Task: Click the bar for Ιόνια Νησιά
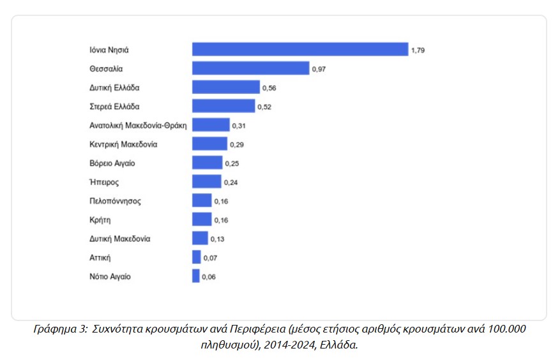299,49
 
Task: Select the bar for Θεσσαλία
250,68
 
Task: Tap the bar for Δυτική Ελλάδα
226,87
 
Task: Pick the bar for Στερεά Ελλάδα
223,106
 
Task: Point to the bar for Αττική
197,257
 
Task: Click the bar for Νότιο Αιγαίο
196,276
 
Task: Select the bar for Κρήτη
202,220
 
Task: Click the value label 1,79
418,50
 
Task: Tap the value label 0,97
319,69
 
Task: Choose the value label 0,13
217,239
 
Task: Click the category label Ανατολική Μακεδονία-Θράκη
138,125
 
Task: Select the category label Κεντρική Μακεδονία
123,144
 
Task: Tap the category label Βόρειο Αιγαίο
112,163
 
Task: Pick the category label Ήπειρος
105,182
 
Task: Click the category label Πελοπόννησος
116,201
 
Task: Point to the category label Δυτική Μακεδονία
120,239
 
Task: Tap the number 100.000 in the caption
507,329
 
